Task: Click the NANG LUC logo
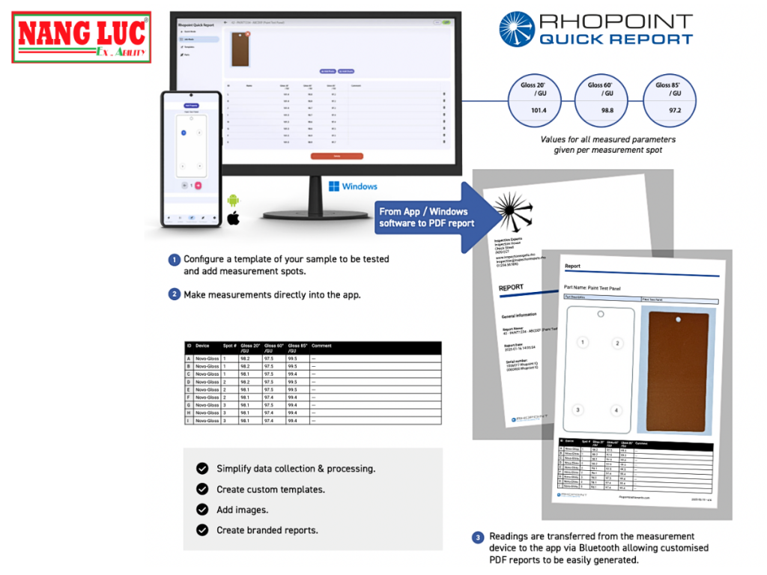click(82, 37)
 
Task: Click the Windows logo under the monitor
click(334, 186)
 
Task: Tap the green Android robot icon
click(233, 201)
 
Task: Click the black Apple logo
click(233, 219)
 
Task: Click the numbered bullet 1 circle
click(174, 260)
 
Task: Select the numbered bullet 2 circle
click(174, 294)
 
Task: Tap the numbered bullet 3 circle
click(478, 537)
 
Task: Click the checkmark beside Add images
click(202, 509)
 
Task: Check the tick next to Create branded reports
click(202, 530)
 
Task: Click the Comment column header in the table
click(321, 346)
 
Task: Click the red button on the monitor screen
click(336, 156)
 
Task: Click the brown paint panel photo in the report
click(677, 371)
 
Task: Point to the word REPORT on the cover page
click(512, 287)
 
